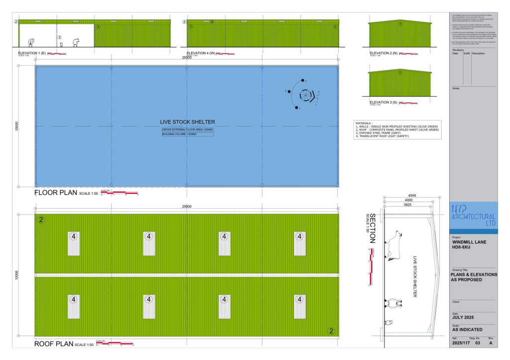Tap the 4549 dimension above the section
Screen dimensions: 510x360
[411, 195]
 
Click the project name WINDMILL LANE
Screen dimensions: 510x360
[470, 242]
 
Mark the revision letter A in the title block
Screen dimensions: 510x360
[491, 343]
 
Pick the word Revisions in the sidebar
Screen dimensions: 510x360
[458, 50]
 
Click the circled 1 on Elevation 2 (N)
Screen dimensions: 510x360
[400, 23]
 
